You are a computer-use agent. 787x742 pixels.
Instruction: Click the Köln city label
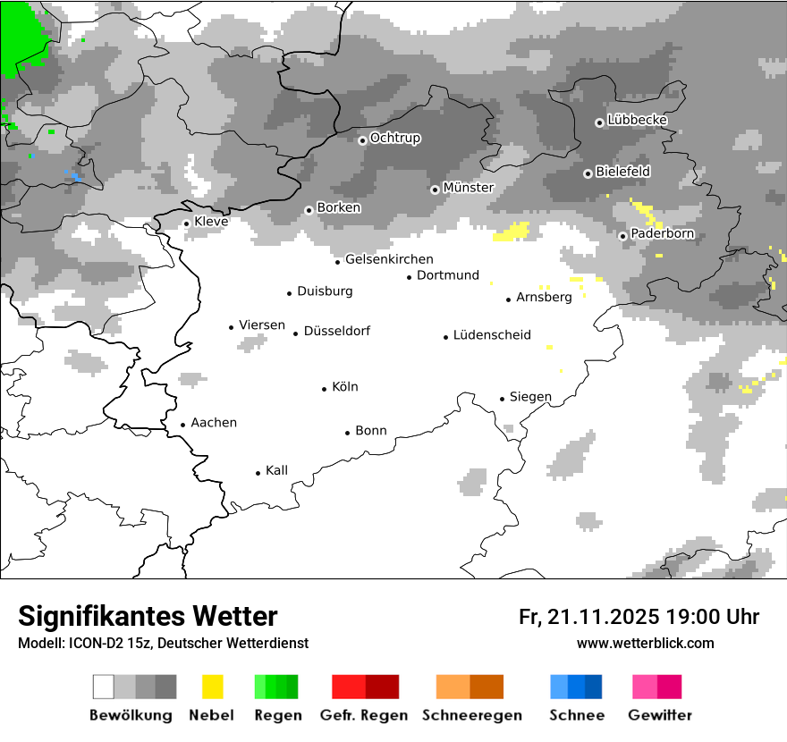tap(344, 387)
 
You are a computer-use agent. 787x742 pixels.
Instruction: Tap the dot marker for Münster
tap(435, 190)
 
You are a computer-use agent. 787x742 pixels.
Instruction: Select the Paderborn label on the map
tap(662, 234)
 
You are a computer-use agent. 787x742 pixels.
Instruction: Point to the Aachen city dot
tap(182, 426)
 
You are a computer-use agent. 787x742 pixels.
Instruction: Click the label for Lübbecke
tap(637, 120)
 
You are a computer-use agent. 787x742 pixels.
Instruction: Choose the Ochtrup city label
tap(394, 139)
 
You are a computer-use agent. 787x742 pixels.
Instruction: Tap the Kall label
tap(276, 470)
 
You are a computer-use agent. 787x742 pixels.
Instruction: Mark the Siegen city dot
tap(503, 399)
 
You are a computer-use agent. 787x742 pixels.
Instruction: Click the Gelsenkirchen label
tap(389, 259)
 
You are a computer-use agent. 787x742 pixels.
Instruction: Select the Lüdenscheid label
tap(492, 335)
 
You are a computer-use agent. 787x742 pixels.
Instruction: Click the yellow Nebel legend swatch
tap(213, 687)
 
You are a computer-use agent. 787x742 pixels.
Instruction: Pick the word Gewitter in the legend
tap(659, 715)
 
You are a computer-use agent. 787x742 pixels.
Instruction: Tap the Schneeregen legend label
tap(472, 715)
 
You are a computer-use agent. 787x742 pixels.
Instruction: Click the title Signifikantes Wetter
tap(148, 616)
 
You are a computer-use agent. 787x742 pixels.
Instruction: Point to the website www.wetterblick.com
tap(645, 643)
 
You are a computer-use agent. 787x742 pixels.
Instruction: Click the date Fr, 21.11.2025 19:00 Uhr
tap(639, 617)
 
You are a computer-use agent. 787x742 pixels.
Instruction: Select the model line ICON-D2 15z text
tap(163, 643)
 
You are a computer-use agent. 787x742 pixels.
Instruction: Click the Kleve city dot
tap(186, 223)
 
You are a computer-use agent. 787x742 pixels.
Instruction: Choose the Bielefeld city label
tap(622, 171)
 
